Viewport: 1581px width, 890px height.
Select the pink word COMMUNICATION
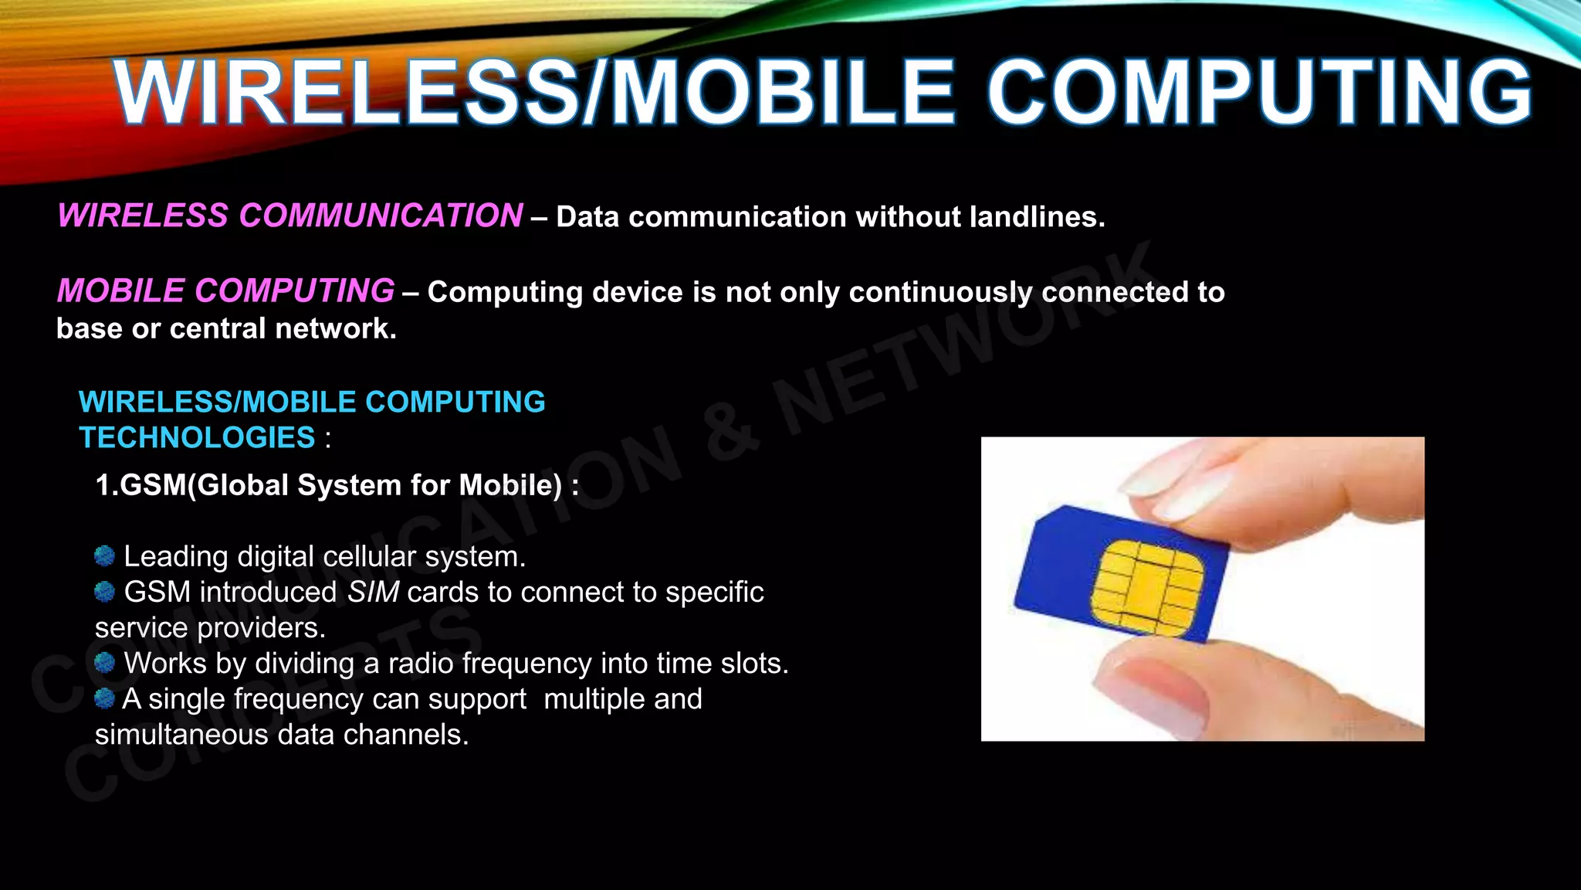(381, 216)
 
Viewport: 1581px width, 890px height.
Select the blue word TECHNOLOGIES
(198, 438)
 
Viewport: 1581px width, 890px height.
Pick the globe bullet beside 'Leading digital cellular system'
(104, 555)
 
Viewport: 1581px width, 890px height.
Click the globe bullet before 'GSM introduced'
(104, 591)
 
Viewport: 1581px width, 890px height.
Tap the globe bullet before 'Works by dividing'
(104, 662)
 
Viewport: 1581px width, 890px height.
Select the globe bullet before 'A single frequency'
(104, 698)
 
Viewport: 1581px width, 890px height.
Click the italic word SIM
(373, 592)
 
